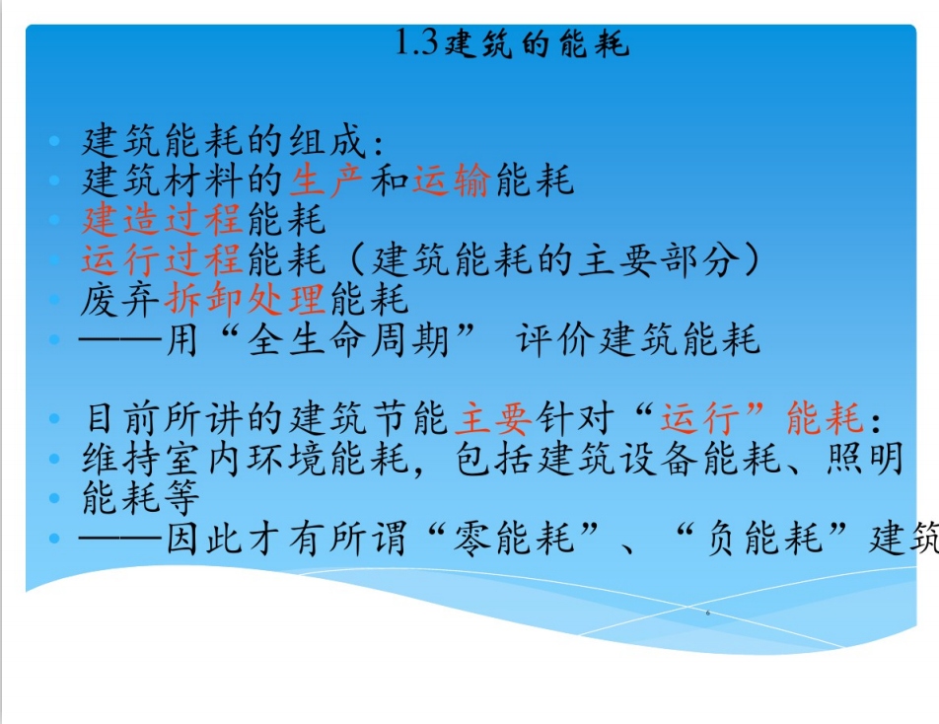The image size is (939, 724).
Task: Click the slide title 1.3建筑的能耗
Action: [512, 43]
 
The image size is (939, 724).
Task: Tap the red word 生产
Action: [326, 180]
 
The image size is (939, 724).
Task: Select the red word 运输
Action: [452, 180]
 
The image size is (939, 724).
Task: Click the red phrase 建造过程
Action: [163, 219]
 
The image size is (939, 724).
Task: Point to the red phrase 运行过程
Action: [163, 259]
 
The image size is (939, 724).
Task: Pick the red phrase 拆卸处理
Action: [245, 299]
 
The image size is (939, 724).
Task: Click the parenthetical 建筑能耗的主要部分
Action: [554, 259]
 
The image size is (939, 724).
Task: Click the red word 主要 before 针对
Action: [493, 418]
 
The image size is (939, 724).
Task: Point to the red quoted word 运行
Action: [699, 418]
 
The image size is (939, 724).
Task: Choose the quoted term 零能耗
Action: [514, 538]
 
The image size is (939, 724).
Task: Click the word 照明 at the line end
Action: [865, 458]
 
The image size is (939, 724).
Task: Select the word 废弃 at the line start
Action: [119, 299]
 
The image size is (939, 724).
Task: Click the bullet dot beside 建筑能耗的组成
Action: [54, 141]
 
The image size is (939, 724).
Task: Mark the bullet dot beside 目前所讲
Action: [54, 418]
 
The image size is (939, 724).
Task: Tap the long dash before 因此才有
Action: [120, 538]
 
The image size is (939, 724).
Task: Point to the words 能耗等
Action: [141, 498]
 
